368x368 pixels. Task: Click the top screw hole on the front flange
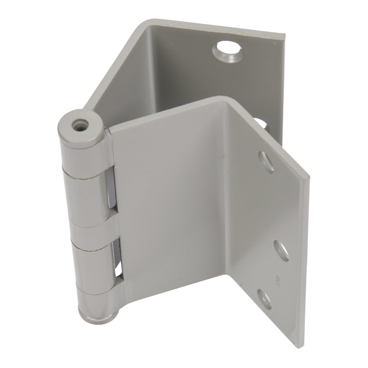tap(266, 160)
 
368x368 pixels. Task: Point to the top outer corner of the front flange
tap(308, 178)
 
